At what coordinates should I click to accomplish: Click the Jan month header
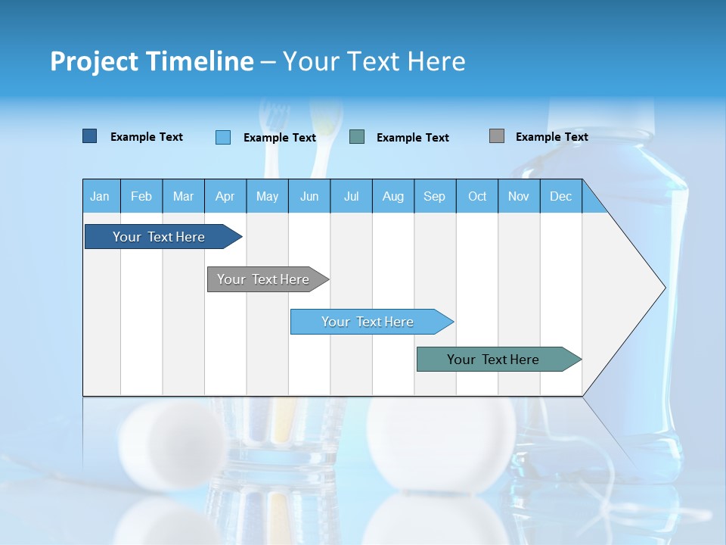101,196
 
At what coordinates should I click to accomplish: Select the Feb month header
141,196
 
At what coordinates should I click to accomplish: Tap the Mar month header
183,196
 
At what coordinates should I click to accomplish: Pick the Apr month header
225,196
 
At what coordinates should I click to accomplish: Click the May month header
267,196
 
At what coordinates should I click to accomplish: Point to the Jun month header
309,196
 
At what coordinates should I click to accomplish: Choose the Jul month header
351,196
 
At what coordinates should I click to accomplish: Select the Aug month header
393,196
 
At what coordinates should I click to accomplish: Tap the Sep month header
435,196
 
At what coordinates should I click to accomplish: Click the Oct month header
477,196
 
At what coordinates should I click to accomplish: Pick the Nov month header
519,196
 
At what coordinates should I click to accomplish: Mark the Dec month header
561,196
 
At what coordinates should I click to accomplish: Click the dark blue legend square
90,136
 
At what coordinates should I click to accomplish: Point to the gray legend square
497,136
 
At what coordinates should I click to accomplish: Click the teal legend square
357,137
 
